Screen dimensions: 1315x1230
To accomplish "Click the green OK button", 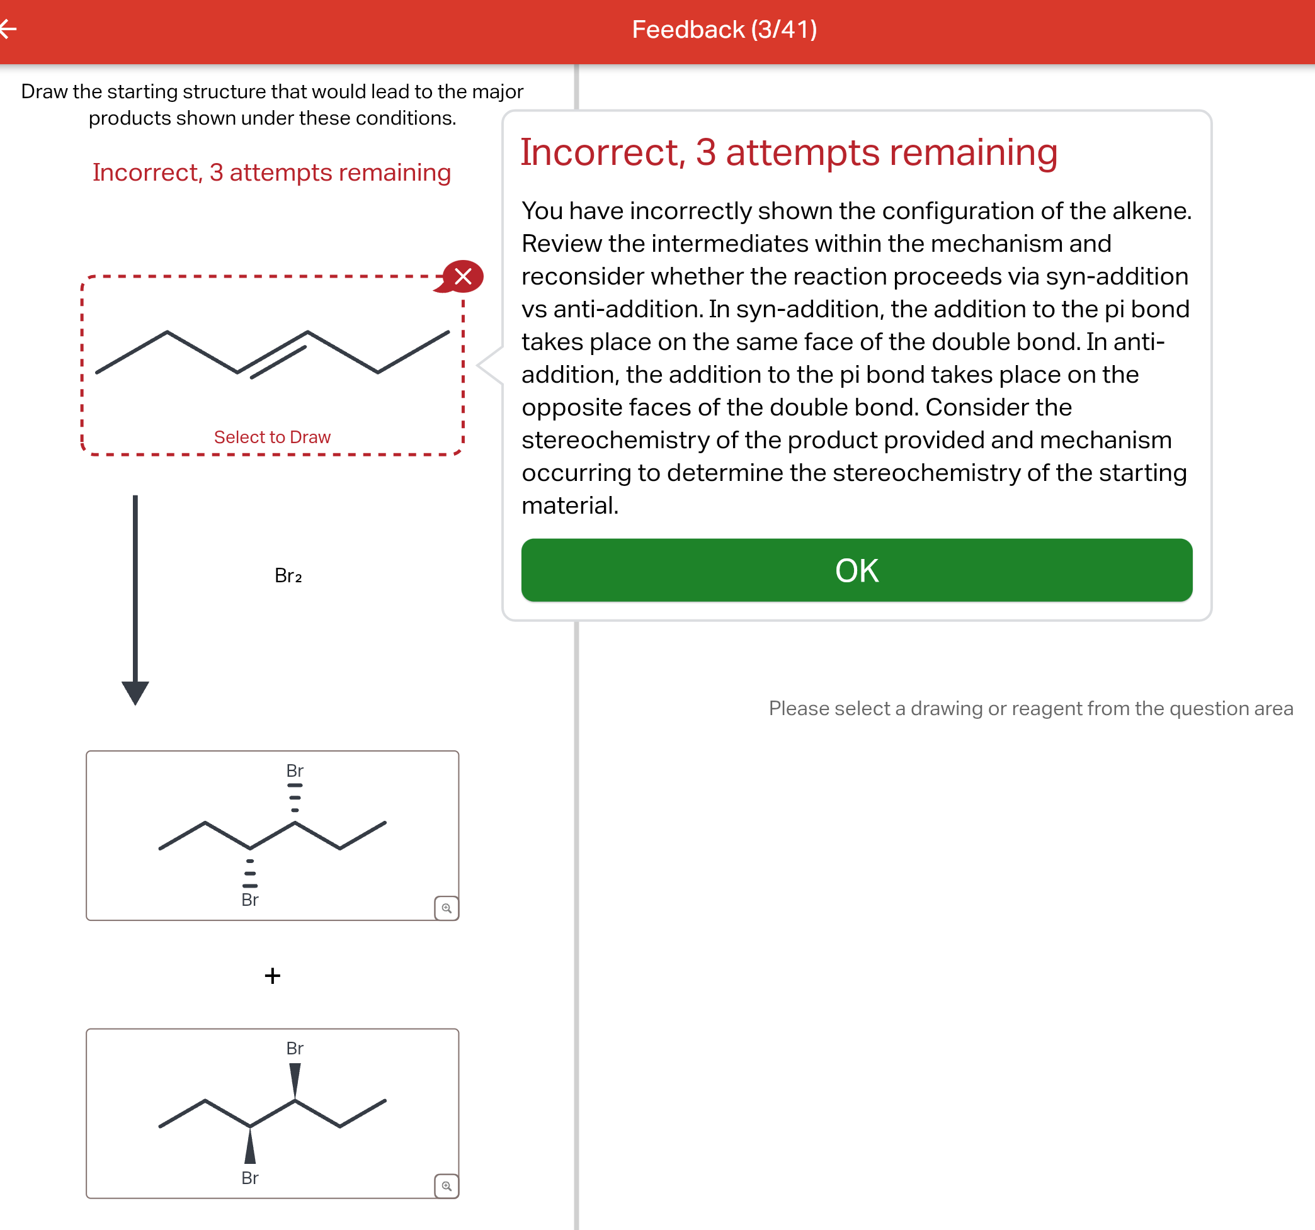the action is click(857, 570).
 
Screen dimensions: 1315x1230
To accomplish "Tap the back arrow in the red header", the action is click(8, 28).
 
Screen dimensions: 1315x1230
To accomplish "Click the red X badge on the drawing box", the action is click(462, 276).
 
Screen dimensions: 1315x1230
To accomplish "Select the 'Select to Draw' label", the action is click(272, 437).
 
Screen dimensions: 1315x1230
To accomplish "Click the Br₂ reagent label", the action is click(288, 575).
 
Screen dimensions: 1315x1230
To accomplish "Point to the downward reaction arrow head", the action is click(135, 692).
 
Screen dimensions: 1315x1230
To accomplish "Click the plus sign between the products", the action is click(273, 976).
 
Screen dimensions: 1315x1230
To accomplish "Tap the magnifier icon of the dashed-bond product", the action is click(447, 908).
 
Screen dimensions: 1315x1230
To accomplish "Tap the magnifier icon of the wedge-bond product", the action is click(447, 1186).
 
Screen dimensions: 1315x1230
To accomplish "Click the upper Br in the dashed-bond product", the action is click(295, 770).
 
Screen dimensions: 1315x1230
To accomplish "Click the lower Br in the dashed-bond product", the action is click(250, 900).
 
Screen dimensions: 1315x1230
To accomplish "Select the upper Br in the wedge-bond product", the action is click(295, 1048).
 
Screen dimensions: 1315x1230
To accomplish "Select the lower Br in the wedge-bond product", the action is click(250, 1178).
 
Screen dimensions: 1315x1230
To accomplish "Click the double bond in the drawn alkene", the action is click(273, 354).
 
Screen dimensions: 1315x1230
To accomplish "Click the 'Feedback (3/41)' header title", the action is click(724, 30).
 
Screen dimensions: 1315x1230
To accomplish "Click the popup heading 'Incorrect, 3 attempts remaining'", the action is click(789, 152).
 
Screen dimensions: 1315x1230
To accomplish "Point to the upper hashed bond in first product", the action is click(295, 798).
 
